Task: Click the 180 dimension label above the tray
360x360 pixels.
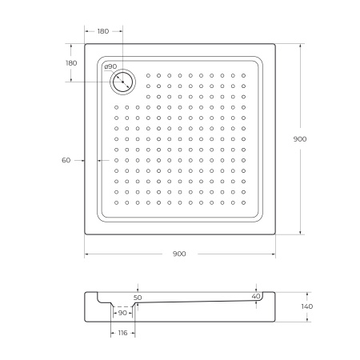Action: (103, 31)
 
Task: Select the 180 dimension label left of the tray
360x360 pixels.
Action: (71, 63)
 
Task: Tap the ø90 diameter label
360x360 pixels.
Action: (110, 66)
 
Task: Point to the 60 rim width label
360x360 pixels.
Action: (66, 160)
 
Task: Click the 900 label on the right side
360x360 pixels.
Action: (300, 139)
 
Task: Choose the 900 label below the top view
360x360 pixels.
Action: (179, 254)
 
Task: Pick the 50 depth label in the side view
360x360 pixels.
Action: (138, 297)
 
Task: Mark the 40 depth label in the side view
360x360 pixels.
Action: (255, 297)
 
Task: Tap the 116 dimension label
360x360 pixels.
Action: (122, 332)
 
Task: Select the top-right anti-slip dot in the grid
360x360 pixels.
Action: (243, 76)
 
